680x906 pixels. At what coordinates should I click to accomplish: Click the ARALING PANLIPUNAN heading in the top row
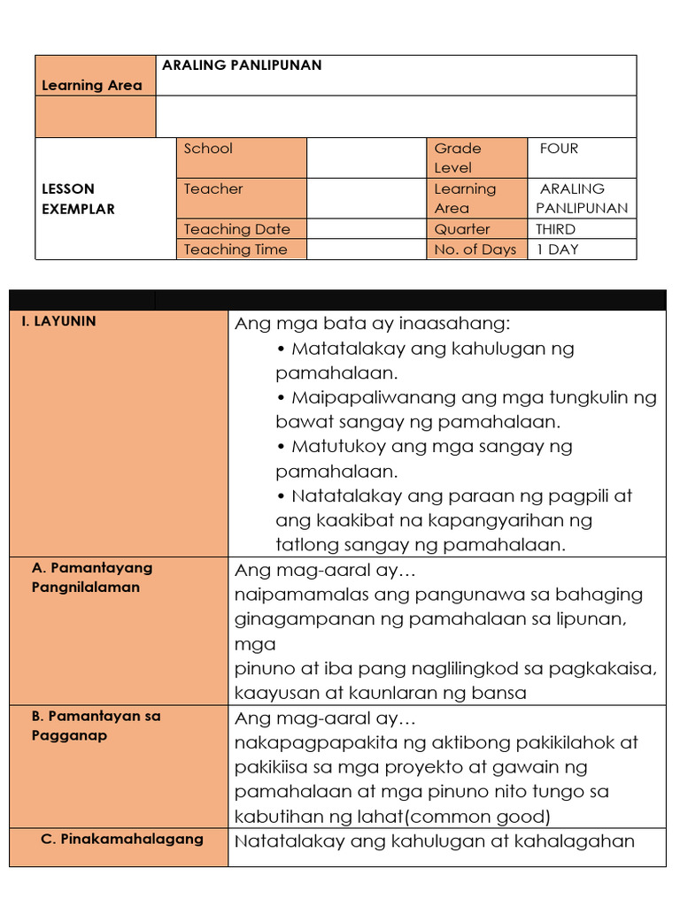242,65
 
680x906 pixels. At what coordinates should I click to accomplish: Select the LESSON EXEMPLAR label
79,199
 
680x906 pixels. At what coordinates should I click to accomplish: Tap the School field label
208,149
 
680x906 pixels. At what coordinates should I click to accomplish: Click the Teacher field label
213,188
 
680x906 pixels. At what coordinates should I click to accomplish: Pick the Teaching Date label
236,229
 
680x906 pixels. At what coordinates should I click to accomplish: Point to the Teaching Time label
236,250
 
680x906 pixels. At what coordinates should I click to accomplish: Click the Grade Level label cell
458,157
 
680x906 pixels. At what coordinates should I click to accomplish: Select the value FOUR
559,149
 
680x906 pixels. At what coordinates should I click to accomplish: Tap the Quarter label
462,229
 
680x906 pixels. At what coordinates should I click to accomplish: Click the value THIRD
555,229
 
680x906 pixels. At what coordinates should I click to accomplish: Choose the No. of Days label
475,250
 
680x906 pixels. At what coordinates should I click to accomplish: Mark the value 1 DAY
557,250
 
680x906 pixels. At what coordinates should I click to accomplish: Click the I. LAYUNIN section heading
58,321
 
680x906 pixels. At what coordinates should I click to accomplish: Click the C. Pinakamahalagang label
122,839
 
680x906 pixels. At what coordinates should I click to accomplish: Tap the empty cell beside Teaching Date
366,229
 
